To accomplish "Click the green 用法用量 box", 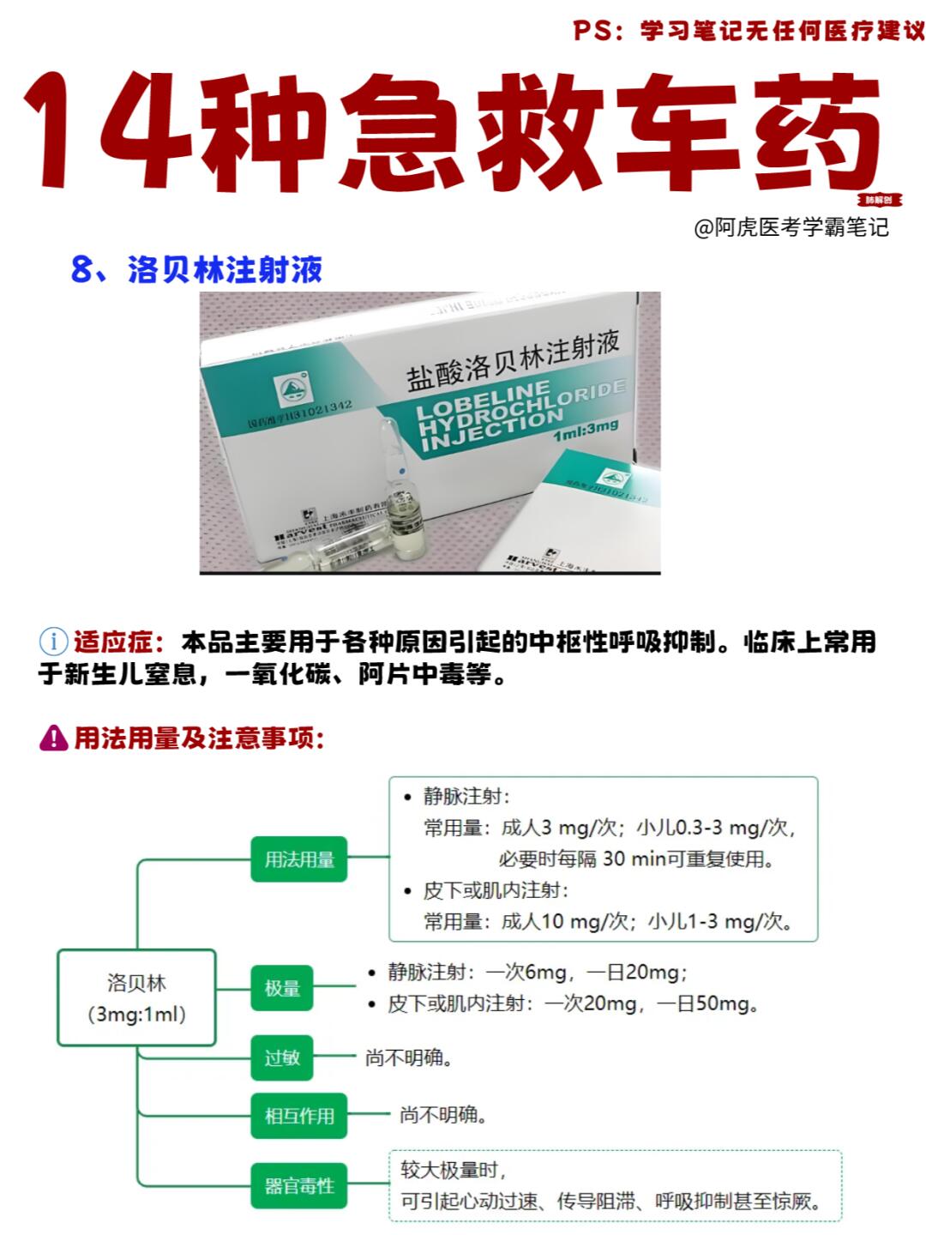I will point(298,858).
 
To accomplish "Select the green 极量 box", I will point(281,988).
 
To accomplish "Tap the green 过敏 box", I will point(281,1057).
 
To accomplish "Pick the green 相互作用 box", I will point(298,1116).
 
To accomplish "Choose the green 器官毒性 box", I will point(298,1186).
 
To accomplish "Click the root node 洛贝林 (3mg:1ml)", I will point(136,997).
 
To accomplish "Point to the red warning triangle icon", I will point(53,738).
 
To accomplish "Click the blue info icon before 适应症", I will point(53,642).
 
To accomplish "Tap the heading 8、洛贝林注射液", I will point(196,269).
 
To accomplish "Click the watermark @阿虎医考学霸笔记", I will point(791,227).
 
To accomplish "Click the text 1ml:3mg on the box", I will point(586,430).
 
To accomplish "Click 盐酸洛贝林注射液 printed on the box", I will point(513,360).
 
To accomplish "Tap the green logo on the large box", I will point(293,390).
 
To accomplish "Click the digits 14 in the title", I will point(107,130).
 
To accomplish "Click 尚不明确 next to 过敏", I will point(408,1057).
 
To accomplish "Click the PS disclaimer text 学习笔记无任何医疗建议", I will point(782,31).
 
